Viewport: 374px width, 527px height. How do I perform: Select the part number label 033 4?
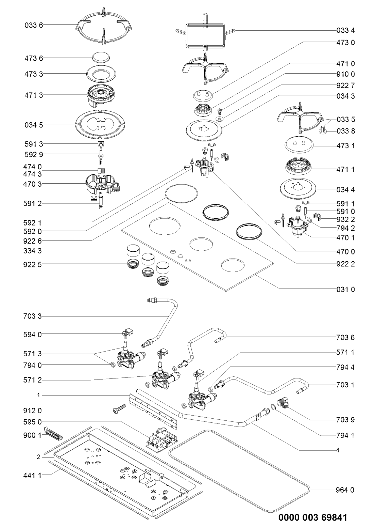pyautogui.click(x=345, y=31)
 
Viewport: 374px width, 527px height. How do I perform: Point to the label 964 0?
pyautogui.click(x=345, y=490)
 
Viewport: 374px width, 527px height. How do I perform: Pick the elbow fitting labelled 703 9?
pyautogui.click(x=283, y=403)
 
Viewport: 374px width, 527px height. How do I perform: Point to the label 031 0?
pyautogui.click(x=345, y=290)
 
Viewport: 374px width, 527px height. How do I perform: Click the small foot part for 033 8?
pyautogui.click(x=323, y=130)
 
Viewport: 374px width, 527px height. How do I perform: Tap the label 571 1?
pyautogui.click(x=345, y=352)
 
